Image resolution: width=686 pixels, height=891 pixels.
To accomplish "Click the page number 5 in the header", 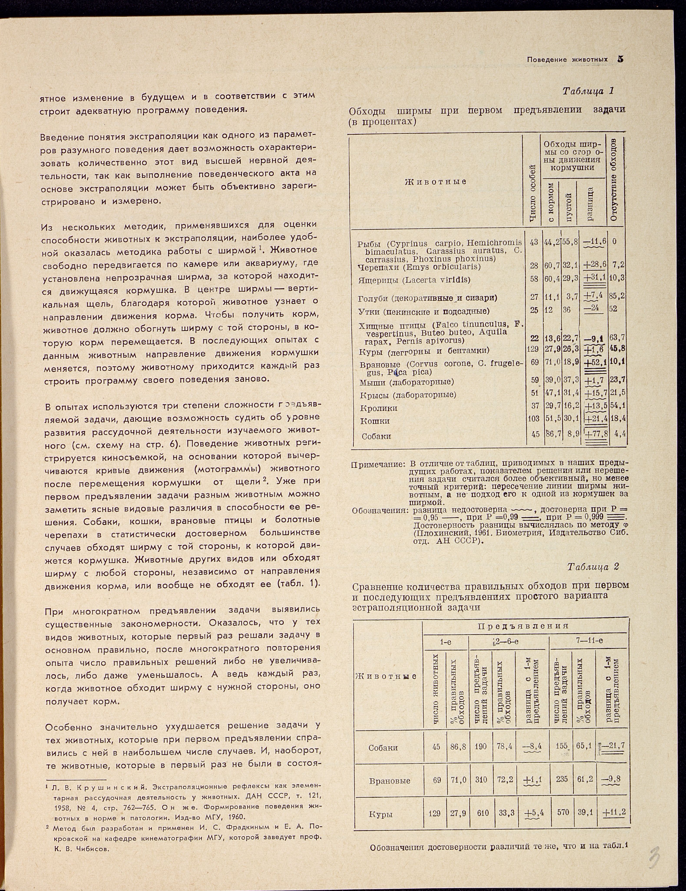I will tap(621, 59).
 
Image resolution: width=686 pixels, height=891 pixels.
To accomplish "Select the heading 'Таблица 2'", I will tap(593, 567).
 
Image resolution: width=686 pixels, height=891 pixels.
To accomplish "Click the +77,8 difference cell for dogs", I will tap(596, 434).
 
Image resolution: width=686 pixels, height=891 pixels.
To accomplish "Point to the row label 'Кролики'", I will tap(379, 408).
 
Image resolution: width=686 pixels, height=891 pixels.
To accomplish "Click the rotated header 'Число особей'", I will tap(532, 194).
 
